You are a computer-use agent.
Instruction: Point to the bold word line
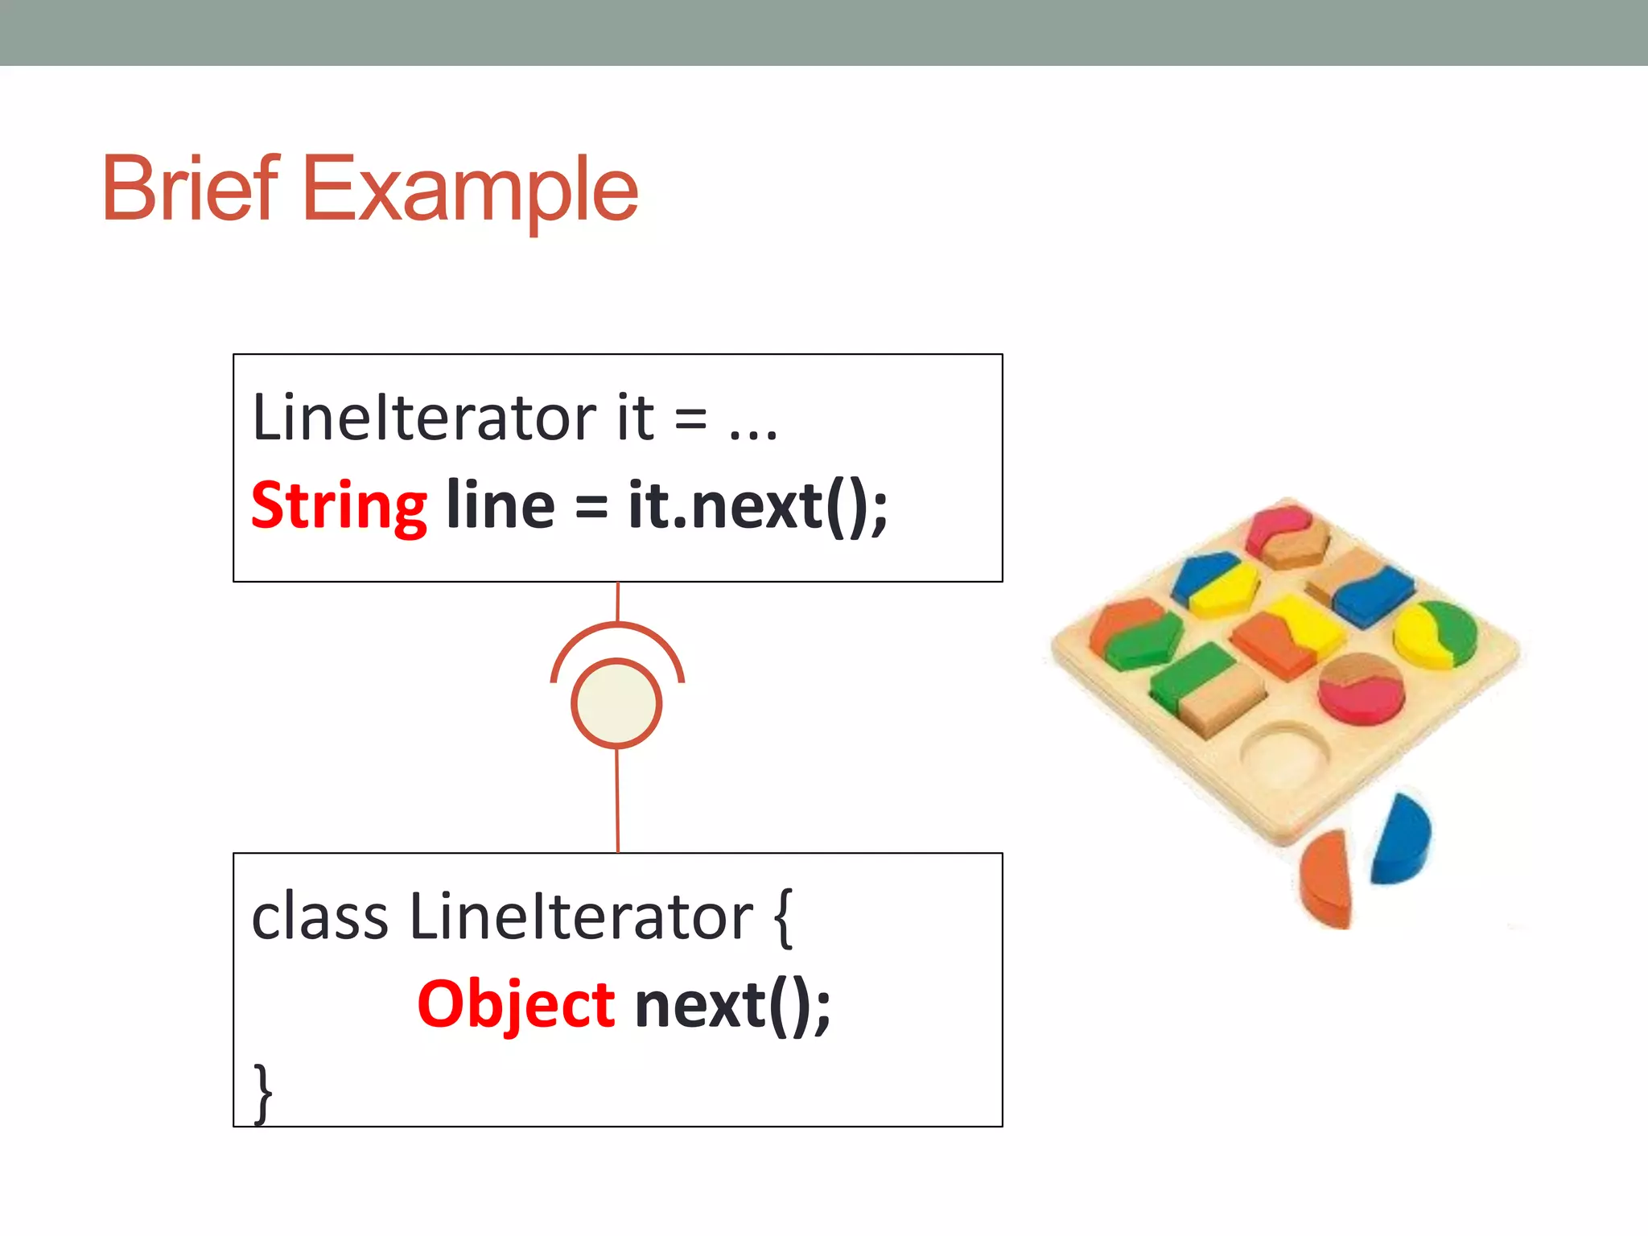(500, 505)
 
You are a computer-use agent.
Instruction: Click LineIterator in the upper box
(424, 418)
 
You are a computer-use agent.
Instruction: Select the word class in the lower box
(319, 917)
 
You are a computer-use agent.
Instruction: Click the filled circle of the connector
(616, 703)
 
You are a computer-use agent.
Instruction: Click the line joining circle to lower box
(617, 801)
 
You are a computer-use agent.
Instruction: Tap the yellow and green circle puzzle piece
(1436, 634)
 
